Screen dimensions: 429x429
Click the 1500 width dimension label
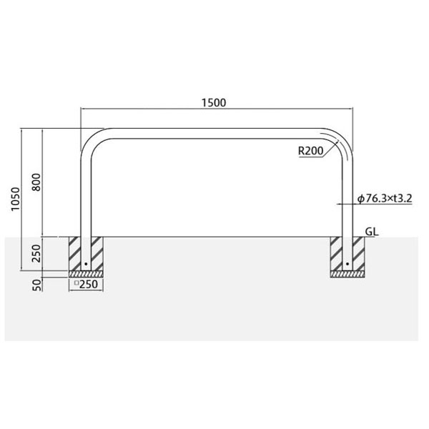214,102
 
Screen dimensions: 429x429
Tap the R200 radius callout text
310,151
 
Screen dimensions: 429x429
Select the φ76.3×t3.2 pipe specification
385,198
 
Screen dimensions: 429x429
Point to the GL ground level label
372,232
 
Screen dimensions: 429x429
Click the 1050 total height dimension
16,199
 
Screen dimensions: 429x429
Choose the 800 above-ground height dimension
36,182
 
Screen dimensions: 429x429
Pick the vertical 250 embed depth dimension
36,253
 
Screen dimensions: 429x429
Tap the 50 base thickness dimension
36,285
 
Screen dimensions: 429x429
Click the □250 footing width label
87,285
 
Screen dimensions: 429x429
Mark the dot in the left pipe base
86,264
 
